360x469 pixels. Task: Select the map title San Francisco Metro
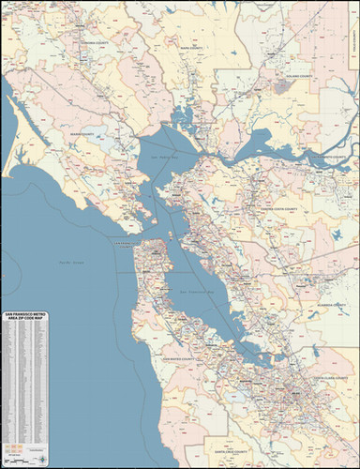(x=28, y=315)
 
